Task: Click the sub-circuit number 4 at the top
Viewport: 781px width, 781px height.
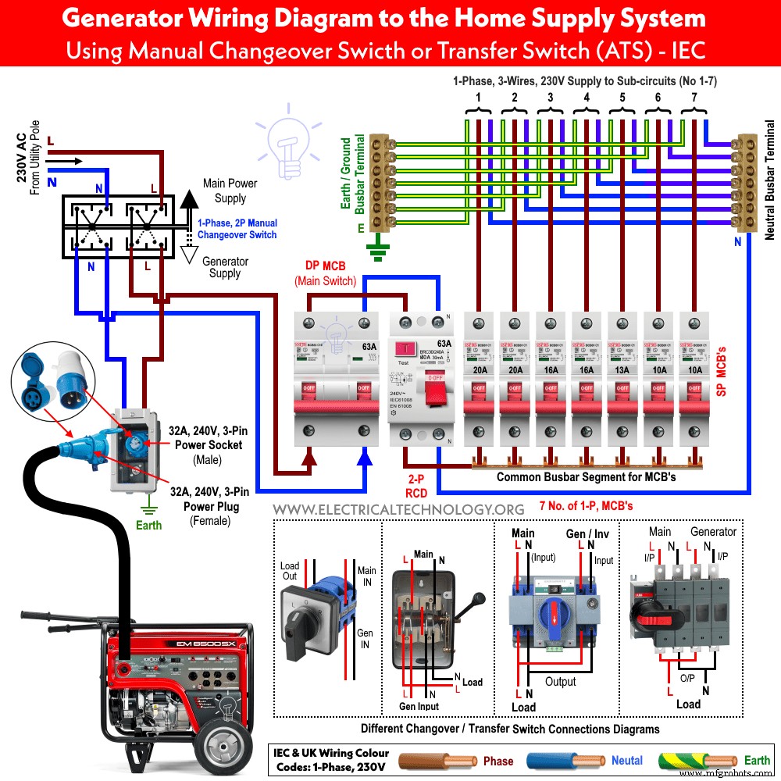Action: [x=586, y=97]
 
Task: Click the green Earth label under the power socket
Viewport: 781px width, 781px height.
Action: [x=148, y=525]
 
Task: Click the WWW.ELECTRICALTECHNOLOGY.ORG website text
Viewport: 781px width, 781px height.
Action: [x=398, y=508]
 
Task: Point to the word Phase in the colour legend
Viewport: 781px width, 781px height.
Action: [x=498, y=761]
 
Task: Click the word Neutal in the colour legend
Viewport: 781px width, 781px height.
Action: [x=627, y=761]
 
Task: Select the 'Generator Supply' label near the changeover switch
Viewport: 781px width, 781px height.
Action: [x=226, y=268]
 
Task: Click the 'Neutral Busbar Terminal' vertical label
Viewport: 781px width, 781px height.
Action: [x=769, y=180]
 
